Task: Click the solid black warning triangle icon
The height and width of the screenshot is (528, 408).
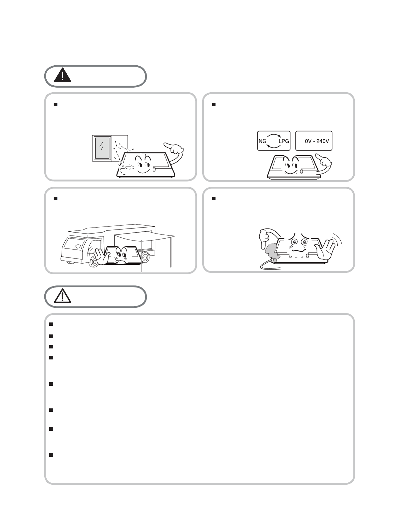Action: [x=62, y=75]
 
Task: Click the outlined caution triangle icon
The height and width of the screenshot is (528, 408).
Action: [x=62, y=296]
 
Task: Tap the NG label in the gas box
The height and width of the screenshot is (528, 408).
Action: [x=262, y=141]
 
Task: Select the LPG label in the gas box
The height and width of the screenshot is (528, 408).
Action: [x=284, y=141]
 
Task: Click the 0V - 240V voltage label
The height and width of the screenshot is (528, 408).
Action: [x=317, y=141]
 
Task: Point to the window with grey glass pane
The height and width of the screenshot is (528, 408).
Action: [x=102, y=148]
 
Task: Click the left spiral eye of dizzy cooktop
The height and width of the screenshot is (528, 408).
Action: [x=295, y=242]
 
